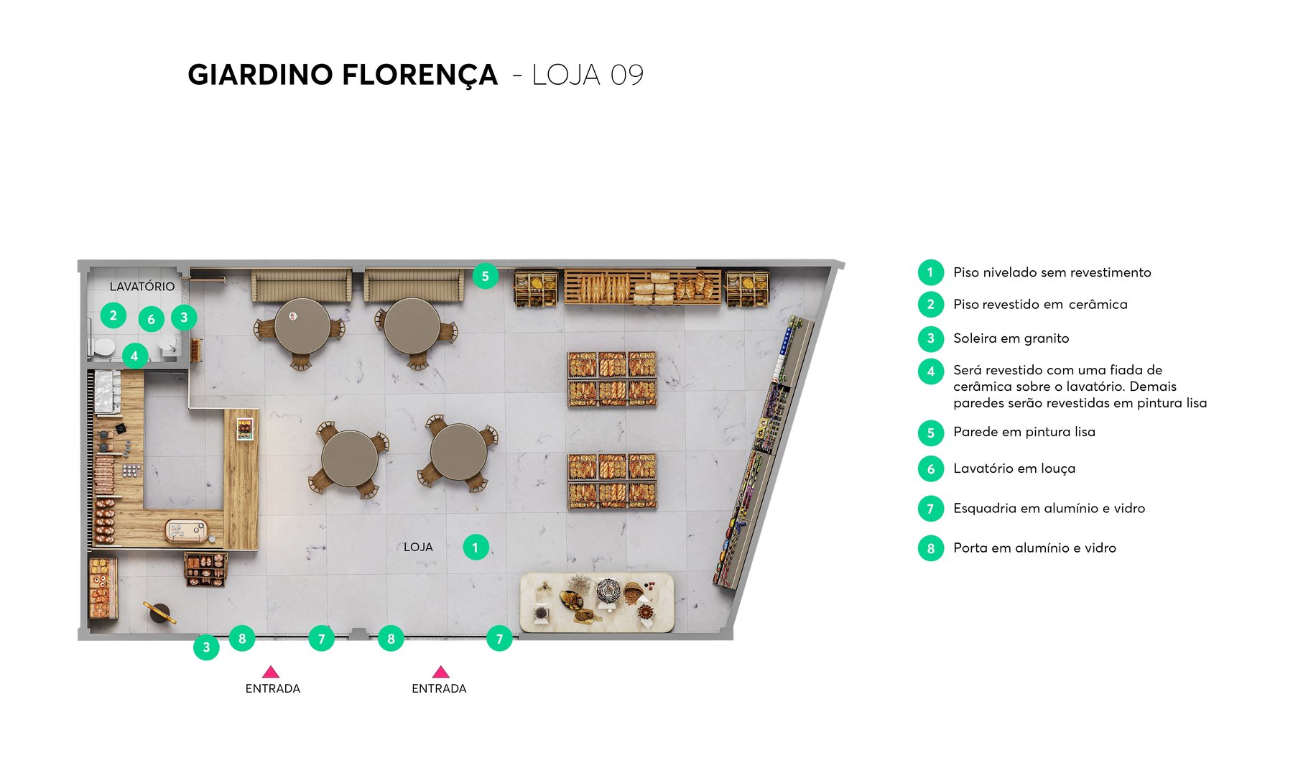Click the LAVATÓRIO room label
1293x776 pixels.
142,286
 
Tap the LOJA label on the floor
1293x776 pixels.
418,547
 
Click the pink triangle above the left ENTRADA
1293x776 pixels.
271,673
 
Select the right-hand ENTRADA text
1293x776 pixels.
439,688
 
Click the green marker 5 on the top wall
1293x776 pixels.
486,276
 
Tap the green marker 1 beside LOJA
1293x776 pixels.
475,548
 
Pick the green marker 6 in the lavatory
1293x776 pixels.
151,320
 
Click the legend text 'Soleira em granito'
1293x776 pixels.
1011,338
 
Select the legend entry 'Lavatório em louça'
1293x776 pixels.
1014,468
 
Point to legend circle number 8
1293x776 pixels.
930,548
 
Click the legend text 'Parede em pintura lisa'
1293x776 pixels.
1024,432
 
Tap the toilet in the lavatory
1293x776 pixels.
102,348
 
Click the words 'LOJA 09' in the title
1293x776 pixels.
588,75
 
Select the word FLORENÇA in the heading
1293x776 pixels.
420,75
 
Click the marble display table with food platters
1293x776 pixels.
597,602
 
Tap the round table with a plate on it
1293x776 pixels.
302,325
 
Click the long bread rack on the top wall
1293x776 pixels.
641,287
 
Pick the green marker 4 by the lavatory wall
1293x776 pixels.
134,356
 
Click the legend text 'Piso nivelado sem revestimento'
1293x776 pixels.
1052,272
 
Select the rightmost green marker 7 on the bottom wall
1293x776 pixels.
499,639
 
